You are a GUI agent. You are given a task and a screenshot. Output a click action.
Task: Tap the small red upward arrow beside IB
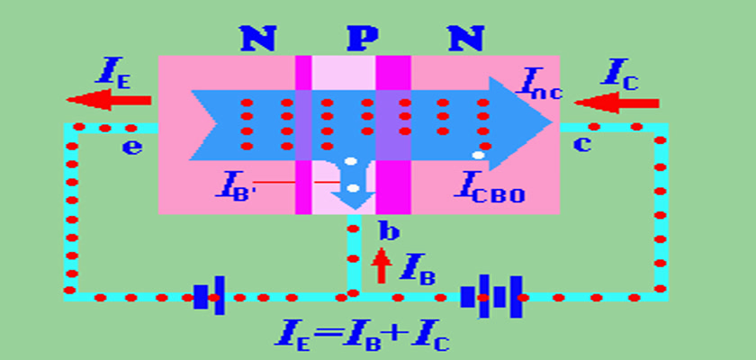click(382, 265)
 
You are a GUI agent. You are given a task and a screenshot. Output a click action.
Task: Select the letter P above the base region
click(364, 39)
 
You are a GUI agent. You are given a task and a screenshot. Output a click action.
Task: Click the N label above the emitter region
click(258, 39)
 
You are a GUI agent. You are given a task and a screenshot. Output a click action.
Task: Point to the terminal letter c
click(582, 144)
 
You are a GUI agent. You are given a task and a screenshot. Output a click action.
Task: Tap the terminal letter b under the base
click(388, 232)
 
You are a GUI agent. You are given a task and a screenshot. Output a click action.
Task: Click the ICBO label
click(488, 187)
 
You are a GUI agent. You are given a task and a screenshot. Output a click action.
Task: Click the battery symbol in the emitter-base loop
click(209, 296)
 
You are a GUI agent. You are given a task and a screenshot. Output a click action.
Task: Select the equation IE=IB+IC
click(364, 336)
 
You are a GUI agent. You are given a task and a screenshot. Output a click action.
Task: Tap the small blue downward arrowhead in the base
click(354, 200)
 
